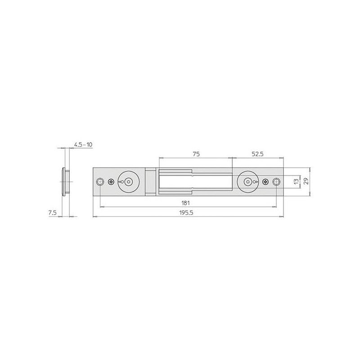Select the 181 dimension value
click(x=185, y=203)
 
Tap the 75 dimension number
click(x=196, y=154)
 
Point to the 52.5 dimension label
click(x=257, y=154)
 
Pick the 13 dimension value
click(x=295, y=182)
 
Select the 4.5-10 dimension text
click(x=83, y=144)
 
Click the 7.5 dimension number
click(x=53, y=213)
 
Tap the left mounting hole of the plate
click(x=100, y=182)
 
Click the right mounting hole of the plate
click(x=276, y=182)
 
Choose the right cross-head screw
click(x=265, y=182)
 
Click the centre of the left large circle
click(x=129, y=182)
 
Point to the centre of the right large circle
click(x=247, y=182)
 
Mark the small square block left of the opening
click(x=150, y=182)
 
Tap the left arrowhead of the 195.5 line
click(x=94, y=217)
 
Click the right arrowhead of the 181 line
click(x=274, y=207)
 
